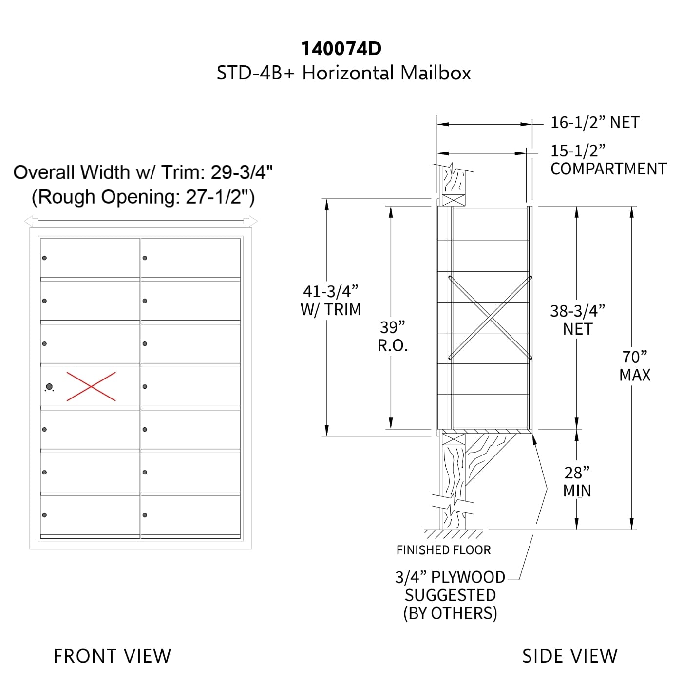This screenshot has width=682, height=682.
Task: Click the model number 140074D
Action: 341,49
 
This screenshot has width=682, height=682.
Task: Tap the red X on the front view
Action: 91,386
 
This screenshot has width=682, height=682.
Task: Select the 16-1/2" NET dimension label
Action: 595,122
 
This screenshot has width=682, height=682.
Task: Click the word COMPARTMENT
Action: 608,169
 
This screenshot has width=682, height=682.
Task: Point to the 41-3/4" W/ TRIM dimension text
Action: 331,301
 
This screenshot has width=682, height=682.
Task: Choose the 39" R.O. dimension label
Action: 393,337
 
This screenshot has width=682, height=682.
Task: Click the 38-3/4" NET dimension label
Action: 578,320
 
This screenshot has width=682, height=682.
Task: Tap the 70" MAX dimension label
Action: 635,366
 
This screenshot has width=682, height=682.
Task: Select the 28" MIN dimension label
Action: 577,482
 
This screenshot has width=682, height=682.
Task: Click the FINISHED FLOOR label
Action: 443,550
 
